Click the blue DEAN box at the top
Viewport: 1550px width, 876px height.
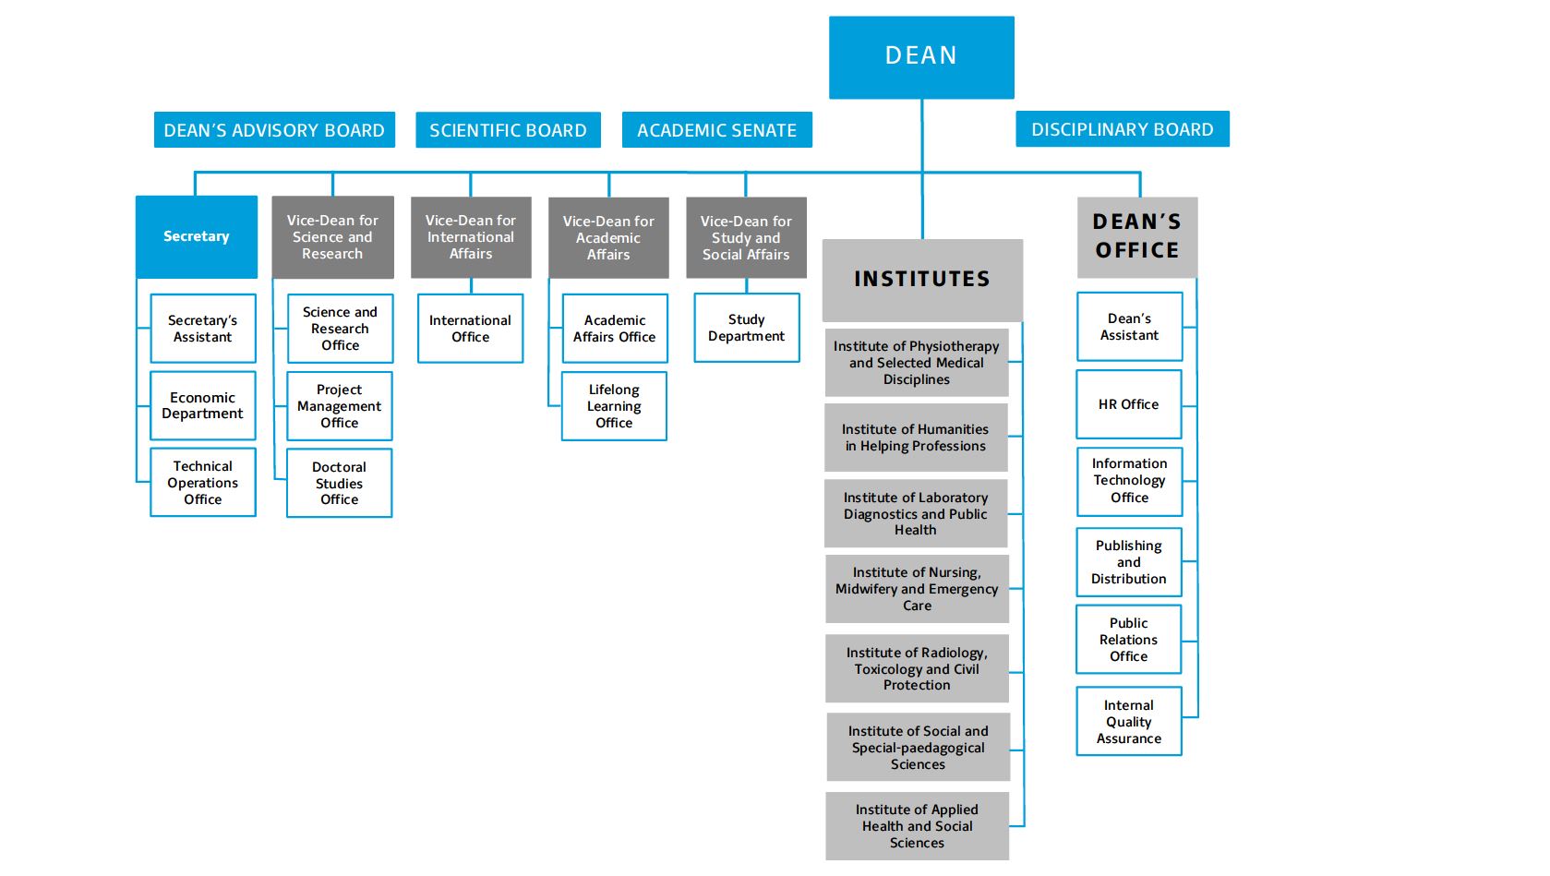click(x=921, y=57)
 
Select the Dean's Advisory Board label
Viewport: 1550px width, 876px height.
click(x=274, y=130)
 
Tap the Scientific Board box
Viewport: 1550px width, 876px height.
click(x=508, y=130)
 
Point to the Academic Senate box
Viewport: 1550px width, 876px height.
click(x=716, y=130)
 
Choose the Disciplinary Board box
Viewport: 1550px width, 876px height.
click(x=1122, y=129)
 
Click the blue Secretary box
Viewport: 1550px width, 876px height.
click(x=196, y=236)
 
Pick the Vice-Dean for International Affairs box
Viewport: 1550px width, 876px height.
click(x=471, y=237)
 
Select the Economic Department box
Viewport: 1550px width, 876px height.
click(x=202, y=406)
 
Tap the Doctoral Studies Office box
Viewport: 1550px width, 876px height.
click(x=339, y=483)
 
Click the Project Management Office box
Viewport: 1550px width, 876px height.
click(x=339, y=406)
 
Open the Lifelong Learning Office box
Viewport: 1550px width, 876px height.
click(x=614, y=406)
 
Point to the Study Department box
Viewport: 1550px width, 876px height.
click(x=746, y=328)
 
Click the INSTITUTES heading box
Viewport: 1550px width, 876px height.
click(x=921, y=279)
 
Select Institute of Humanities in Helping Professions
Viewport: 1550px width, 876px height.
click(x=916, y=438)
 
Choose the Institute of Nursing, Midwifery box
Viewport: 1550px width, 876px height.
click(x=917, y=589)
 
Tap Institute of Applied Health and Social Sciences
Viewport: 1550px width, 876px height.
click(x=917, y=826)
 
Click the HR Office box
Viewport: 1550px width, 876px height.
click(x=1128, y=404)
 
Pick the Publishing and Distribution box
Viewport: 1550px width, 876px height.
click(x=1128, y=562)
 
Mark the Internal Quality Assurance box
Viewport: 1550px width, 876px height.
click(x=1128, y=722)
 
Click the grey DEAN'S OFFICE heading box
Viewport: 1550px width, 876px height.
click(x=1136, y=236)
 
